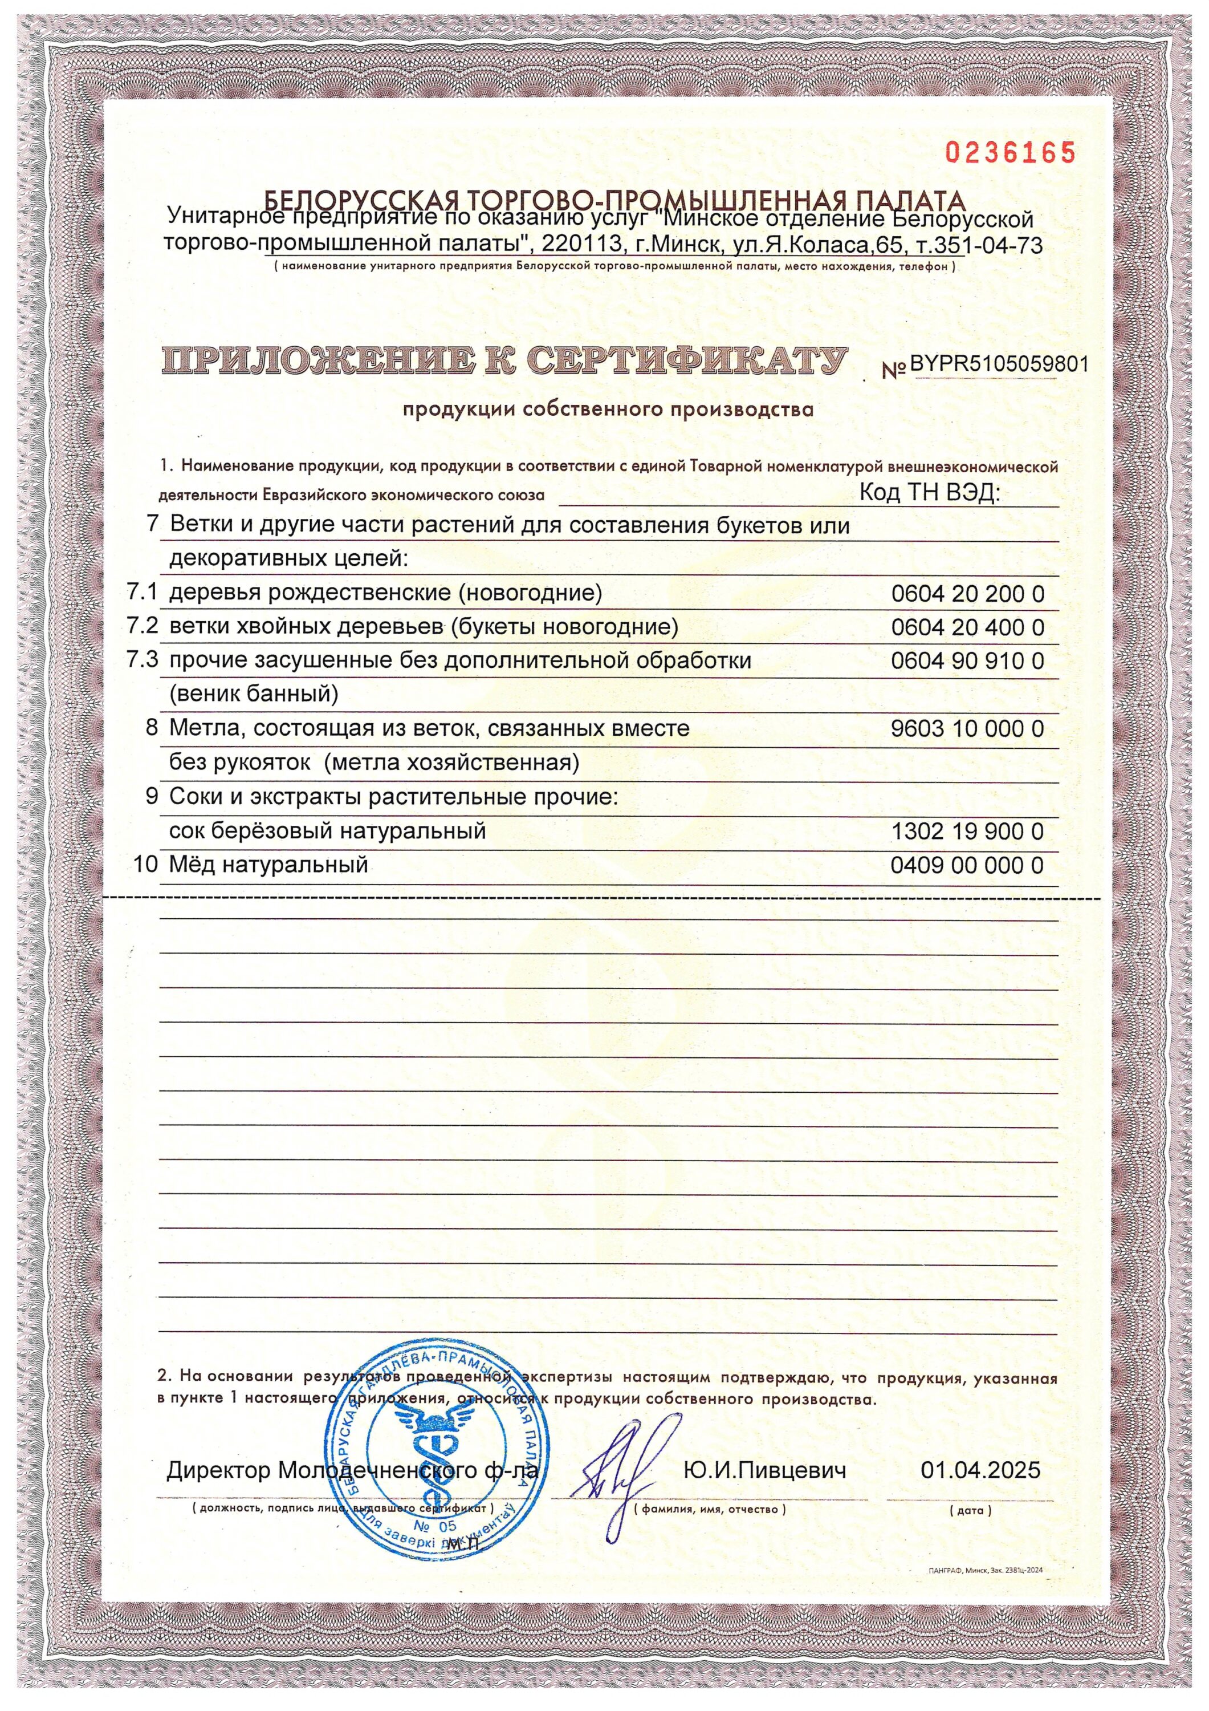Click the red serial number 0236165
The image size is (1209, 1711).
point(1011,153)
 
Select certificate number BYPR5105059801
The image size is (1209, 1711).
point(999,364)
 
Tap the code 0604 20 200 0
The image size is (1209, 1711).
point(967,594)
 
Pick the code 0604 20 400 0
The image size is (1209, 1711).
point(967,627)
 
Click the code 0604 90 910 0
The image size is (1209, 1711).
point(967,661)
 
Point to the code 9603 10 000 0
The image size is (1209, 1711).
point(967,728)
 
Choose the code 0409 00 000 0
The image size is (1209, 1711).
point(967,865)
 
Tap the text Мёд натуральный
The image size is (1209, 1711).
point(269,865)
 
